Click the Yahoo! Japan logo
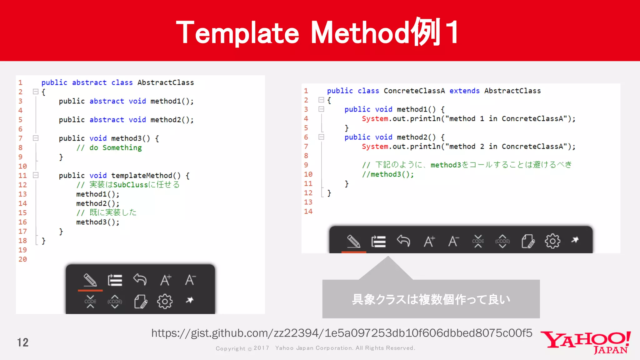point(586,342)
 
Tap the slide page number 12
point(23,342)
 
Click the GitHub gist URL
point(342,333)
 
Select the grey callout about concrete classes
point(431,299)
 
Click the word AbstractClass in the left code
point(166,82)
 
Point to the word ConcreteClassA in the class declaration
point(414,91)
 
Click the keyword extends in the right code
point(464,91)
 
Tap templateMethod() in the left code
point(146,176)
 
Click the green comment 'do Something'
point(115,148)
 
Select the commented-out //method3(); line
point(388,174)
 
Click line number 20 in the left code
point(22,259)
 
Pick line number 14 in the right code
point(308,212)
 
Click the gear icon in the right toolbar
point(552,241)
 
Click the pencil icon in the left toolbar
point(90,280)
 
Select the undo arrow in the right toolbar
point(403,241)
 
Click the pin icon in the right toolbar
point(575,240)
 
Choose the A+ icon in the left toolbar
point(166,280)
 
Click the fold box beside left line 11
point(36,175)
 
